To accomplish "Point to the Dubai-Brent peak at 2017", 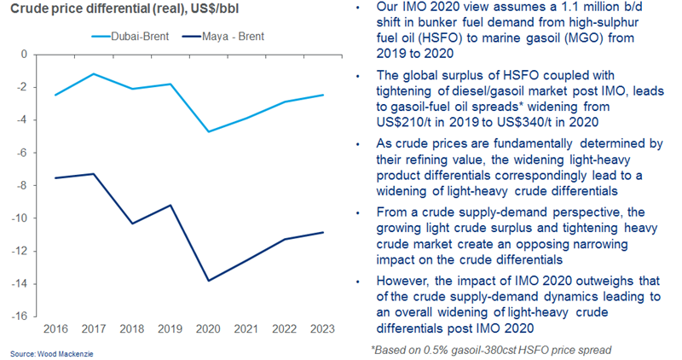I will [x=94, y=73].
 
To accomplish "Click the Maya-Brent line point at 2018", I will [x=132, y=224].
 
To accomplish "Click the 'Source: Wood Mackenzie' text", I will [x=39, y=352].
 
